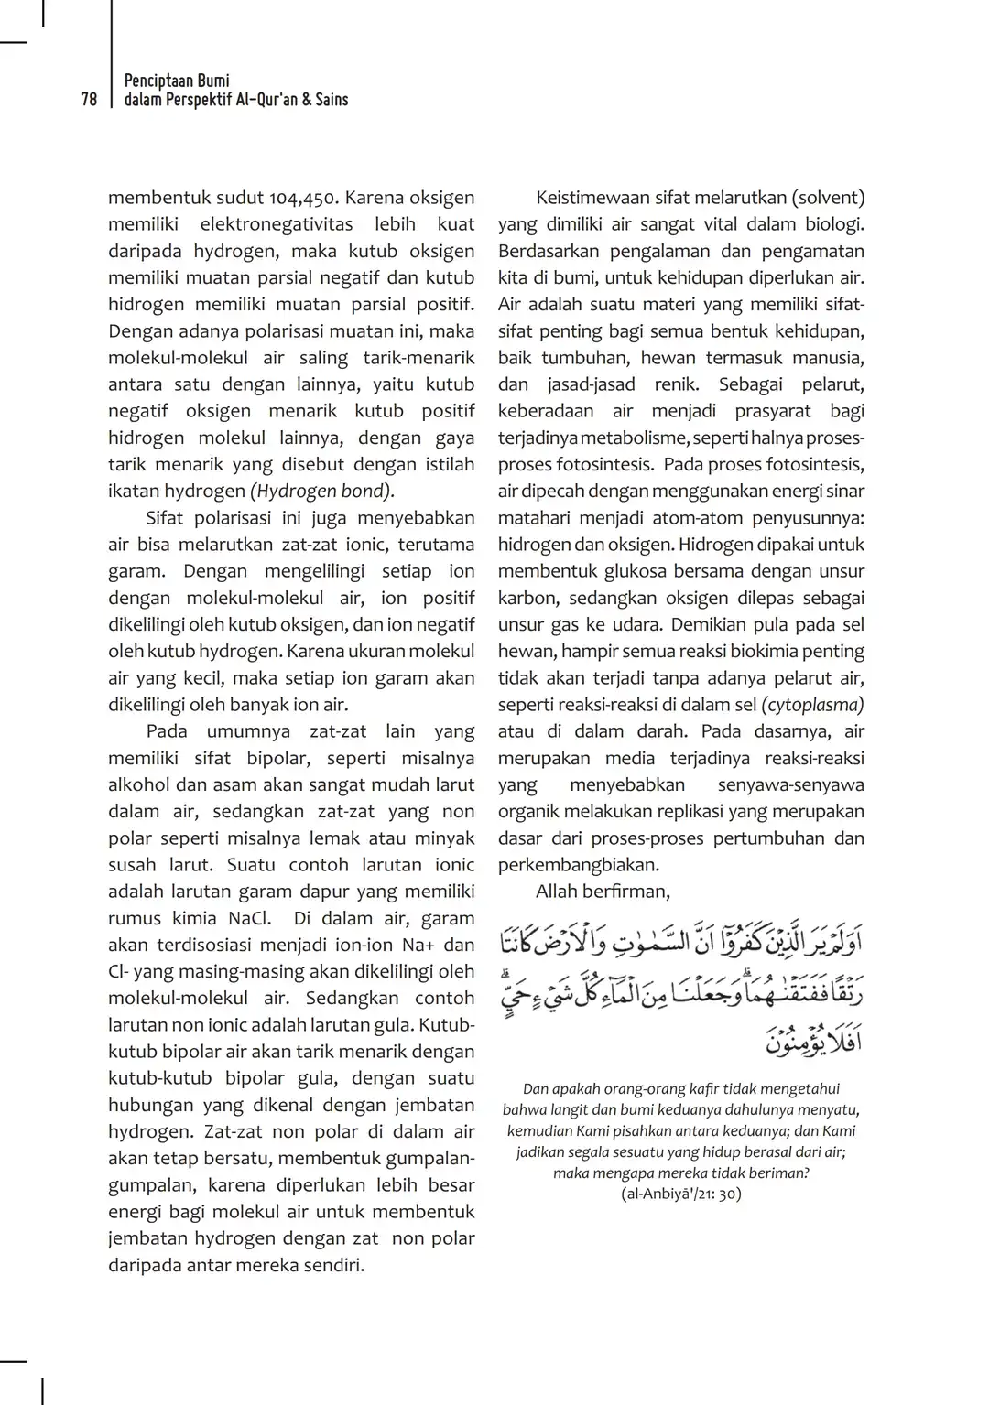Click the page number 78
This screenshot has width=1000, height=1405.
pyautogui.click(x=89, y=100)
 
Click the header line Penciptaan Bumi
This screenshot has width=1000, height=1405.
pyautogui.click(x=177, y=81)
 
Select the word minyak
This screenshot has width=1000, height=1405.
pyautogui.click(x=444, y=838)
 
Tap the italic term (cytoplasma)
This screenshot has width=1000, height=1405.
pyautogui.click(x=812, y=705)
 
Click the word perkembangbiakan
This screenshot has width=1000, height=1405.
pyautogui.click(x=578, y=865)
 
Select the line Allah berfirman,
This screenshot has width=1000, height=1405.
pyautogui.click(x=603, y=892)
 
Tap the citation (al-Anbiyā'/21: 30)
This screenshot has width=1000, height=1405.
pyautogui.click(x=680, y=1194)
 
